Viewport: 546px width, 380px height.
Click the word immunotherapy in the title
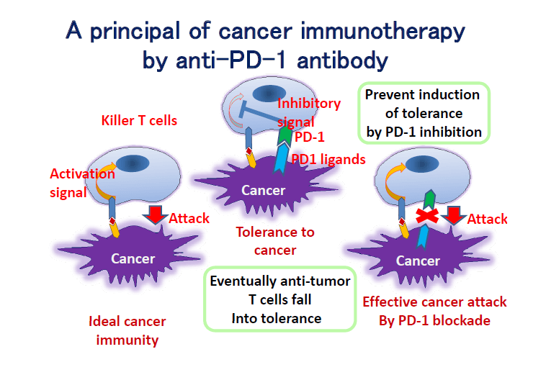click(382, 32)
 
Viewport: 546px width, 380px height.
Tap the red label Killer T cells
click(139, 120)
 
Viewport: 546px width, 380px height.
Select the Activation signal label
click(82, 183)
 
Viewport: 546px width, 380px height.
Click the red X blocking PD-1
click(427, 216)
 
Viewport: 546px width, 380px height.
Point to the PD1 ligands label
click(328, 159)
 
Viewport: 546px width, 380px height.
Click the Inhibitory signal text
click(309, 112)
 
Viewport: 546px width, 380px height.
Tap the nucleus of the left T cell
click(133, 163)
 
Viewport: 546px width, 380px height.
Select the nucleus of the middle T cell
click(269, 94)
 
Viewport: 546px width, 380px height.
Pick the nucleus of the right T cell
click(422, 164)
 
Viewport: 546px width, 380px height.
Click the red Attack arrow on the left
click(156, 214)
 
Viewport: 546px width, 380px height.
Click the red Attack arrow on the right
click(454, 215)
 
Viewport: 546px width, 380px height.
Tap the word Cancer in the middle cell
click(263, 190)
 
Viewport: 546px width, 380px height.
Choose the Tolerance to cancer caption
click(275, 241)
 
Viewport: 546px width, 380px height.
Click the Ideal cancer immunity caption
click(127, 330)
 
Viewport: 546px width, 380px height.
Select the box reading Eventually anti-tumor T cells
click(280, 299)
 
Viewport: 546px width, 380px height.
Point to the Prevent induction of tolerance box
click(424, 113)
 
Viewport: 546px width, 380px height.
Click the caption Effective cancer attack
click(434, 302)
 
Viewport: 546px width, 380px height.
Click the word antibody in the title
click(342, 60)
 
